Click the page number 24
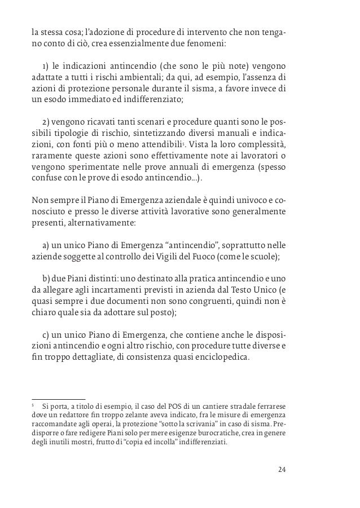click(x=282, y=470)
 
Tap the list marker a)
click(x=47, y=246)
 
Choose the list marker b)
click(x=47, y=279)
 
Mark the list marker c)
click(x=47, y=334)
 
